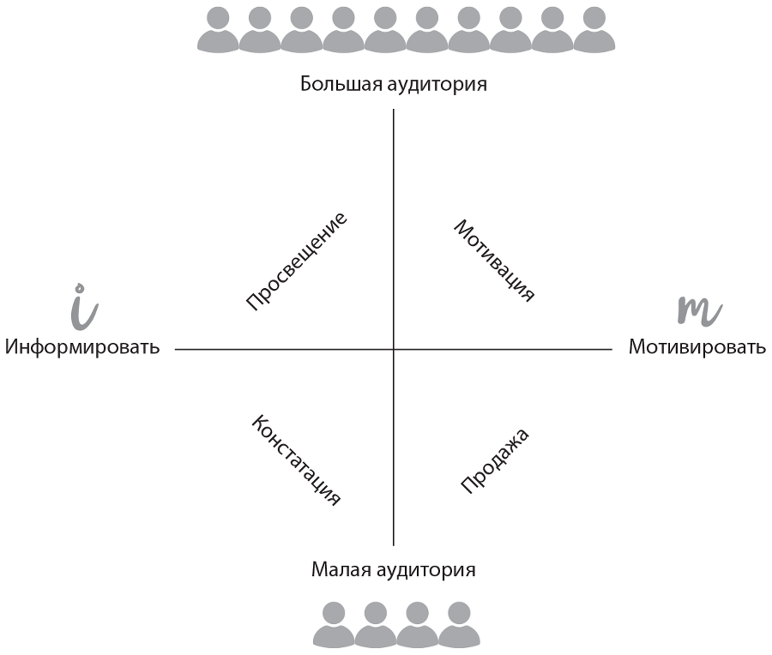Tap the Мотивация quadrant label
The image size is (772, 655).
pyautogui.click(x=494, y=261)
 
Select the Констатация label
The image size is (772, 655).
pyautogui.click(x=297, y=460)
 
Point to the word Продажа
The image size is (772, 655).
pyautogui.click(x=495, y=460)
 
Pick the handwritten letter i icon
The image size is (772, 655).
pyautogui.click(x=81, y=306)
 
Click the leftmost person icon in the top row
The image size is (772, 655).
pyautogui.click(x=218, y=31)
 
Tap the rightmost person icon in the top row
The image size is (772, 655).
pyautogui.click(x=594, y=31)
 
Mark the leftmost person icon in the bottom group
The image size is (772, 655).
pyautogui.click(x=334, y=624)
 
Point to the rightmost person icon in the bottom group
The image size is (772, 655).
pyautogui.click(x=460, y=624)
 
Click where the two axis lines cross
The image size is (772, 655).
pyautogui.click(x=394, y=349)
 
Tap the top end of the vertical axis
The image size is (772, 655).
pyautogui.click(x=394, y=111)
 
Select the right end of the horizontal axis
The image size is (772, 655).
pyautogui.click(x=611, y=349)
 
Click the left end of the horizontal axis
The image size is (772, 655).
pyautogui.click(x=176, y=349)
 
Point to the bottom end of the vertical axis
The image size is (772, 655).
pyautogui.click(x=394, y=545)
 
